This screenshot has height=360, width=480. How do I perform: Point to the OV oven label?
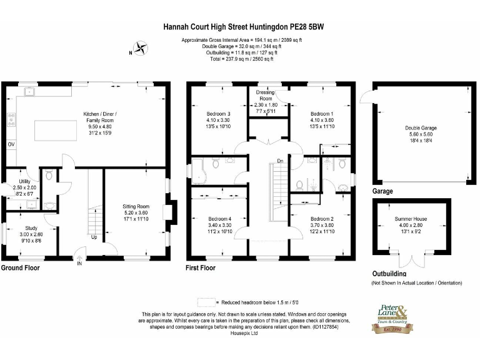coord(11,144)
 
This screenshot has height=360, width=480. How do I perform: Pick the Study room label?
coord(31,229)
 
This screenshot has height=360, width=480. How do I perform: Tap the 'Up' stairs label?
coord(94,237)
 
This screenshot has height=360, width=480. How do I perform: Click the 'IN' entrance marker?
coord(79,264)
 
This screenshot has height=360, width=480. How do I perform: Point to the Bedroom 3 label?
coord(218,114)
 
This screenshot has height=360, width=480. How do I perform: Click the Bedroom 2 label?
coord(322,219)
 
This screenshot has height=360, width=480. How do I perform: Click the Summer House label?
coord(411,219)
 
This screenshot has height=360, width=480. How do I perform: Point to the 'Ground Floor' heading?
coord(20,268)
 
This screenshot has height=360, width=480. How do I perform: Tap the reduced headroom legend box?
coord(207,301)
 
